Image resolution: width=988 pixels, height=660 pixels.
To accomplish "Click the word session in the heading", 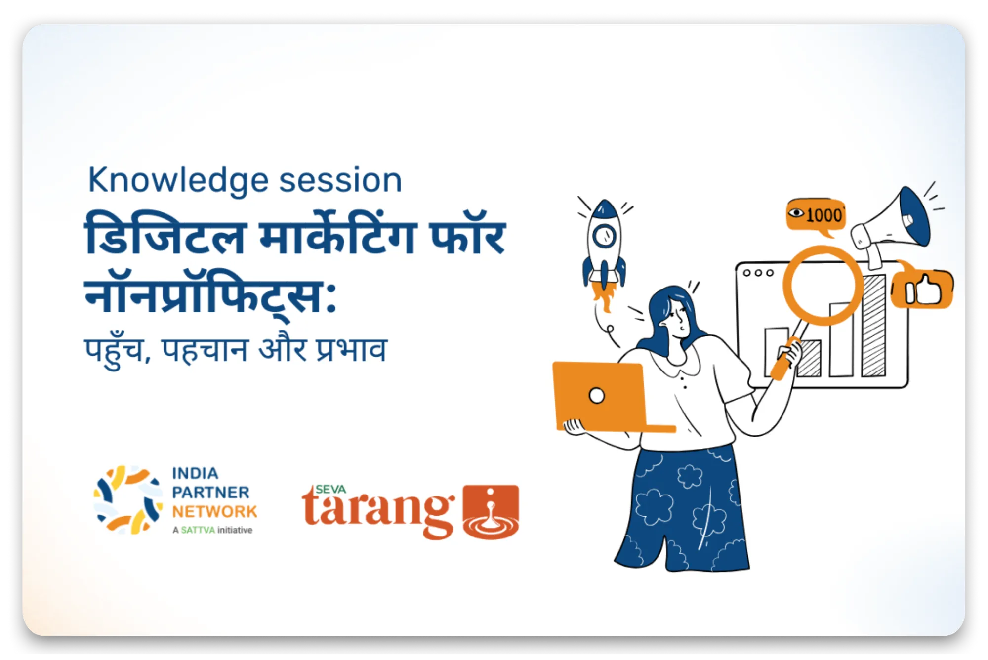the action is click(341, 180).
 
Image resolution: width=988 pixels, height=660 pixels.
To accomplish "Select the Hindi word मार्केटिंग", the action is click(338, 232).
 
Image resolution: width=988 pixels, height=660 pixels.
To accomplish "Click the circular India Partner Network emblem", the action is click(128, 500).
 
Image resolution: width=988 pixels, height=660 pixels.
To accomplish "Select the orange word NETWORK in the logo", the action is click(214, 511).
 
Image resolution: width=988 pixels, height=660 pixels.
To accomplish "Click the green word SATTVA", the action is click(198, 530).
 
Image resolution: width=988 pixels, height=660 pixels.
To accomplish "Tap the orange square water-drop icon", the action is click(491, 512).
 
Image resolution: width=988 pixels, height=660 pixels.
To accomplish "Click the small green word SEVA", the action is click(330, 490).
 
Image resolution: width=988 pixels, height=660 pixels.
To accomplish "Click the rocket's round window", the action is click(604, 236).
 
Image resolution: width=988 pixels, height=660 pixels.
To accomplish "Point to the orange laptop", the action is click(605, 398).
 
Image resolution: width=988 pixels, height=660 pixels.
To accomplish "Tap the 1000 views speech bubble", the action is click(816, 216).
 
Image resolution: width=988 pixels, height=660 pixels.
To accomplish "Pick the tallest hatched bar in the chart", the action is click(873, 326).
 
